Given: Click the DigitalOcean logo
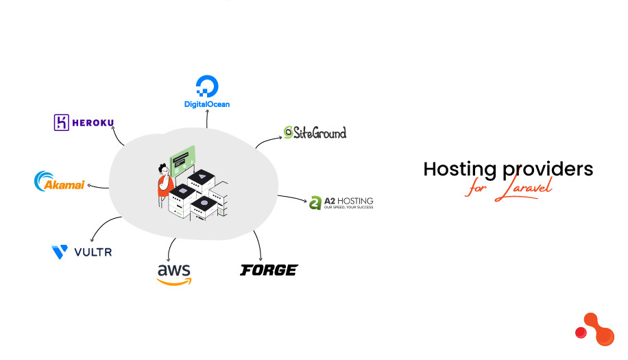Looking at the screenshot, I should (206, 92).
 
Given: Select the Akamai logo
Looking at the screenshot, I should (59, 182).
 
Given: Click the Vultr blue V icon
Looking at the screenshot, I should (60, 252).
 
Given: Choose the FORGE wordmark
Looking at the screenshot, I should (269, 270).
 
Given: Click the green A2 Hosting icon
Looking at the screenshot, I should (315, 203).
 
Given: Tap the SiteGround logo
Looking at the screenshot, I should (315, 132).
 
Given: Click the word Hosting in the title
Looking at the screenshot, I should (459, 169).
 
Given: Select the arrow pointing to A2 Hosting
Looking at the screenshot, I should (295, 199).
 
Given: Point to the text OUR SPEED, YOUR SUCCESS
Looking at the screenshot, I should (349, 208).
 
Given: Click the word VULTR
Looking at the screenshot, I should (92, 253).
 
